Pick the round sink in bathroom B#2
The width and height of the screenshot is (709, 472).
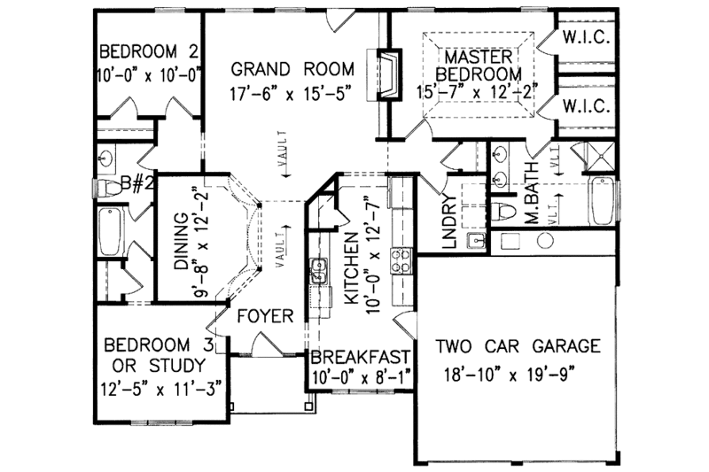108,159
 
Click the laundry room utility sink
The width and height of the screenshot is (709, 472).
478,238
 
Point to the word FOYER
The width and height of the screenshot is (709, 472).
259,314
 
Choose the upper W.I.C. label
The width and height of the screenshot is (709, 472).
582,38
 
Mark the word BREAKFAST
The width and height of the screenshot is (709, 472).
359,358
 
